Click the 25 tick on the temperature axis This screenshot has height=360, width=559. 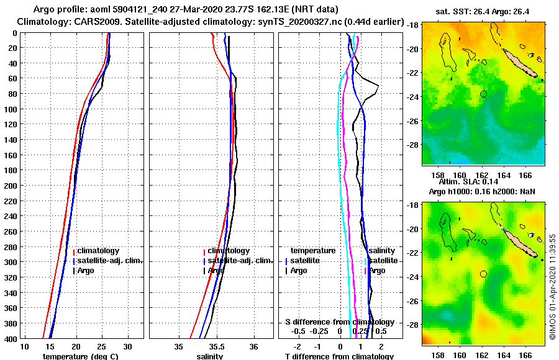[x=102, y=346]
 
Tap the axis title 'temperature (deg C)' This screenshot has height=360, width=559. [x=80, y=356]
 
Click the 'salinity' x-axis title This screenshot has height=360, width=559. [x=211, y=356]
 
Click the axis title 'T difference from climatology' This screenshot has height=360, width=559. [x=339, y=356]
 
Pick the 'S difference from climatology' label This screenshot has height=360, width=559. [x=339, y=322]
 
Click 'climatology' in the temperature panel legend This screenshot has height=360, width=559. [x=98, y=251]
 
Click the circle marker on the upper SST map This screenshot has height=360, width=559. [x=483, y=94]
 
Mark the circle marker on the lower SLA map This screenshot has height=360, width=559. [x=483, y=274]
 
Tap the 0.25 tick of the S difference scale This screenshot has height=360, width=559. [x=360, y=331]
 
